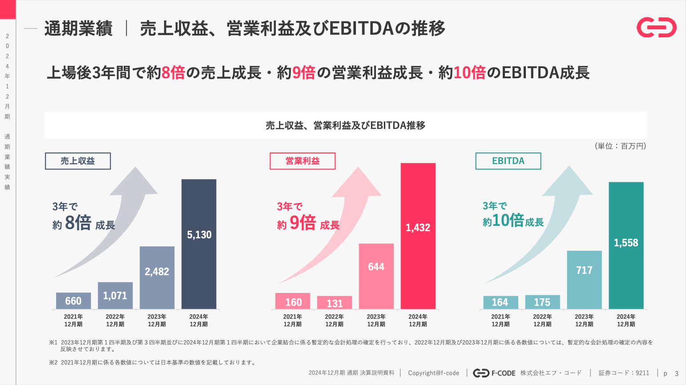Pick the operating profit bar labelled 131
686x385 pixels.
click(335, 303)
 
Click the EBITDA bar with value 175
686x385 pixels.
click(542, 302)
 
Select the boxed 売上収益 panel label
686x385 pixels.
click(78, 161)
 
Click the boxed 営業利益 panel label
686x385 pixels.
click(303, 161)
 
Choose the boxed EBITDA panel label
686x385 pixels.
click(508, 161)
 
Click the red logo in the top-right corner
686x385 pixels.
click(656, 28)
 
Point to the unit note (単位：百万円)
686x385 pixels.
click(620, 146)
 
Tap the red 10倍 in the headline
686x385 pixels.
click(469, 72)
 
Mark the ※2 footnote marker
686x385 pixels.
click(53, 362)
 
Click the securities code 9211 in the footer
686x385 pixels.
click(642, 373)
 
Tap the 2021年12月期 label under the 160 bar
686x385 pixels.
click(293, 320)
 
